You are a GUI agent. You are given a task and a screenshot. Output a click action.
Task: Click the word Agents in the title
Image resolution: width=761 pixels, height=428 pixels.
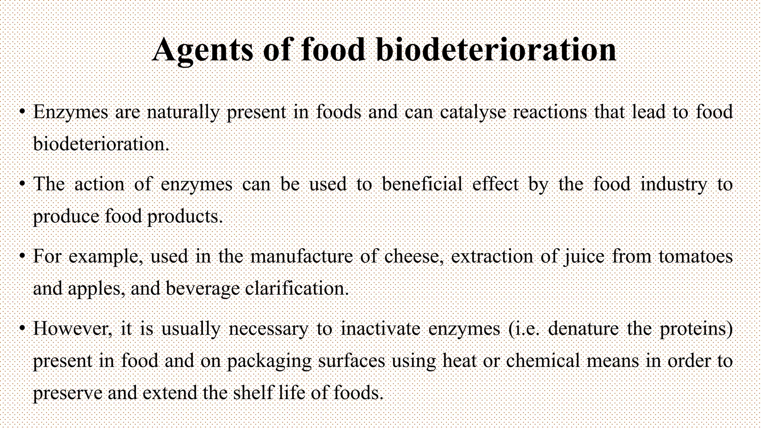click(203, 50)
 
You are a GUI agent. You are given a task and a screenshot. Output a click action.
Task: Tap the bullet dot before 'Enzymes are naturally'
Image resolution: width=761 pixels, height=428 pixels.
click(23, 112)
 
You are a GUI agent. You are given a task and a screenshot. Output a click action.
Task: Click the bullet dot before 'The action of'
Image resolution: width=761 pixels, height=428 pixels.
click(23, 184)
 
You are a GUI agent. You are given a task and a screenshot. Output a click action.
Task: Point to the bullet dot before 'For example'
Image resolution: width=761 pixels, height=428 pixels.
click(23, 256)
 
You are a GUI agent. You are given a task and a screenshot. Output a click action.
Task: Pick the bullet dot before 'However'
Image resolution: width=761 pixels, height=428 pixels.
click(23, 328)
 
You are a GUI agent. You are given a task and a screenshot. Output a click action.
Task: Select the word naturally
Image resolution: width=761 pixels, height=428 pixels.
click(183, 112)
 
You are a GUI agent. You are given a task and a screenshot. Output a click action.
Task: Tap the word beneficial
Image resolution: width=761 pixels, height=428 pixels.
click(422, 184)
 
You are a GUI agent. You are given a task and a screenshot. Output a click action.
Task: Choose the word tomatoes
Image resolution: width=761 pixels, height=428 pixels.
click(695, 256)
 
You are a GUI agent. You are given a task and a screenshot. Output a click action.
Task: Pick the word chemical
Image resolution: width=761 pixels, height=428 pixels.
click(543, 361)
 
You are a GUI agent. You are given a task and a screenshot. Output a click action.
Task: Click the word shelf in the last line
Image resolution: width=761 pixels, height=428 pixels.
click(253, 393)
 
